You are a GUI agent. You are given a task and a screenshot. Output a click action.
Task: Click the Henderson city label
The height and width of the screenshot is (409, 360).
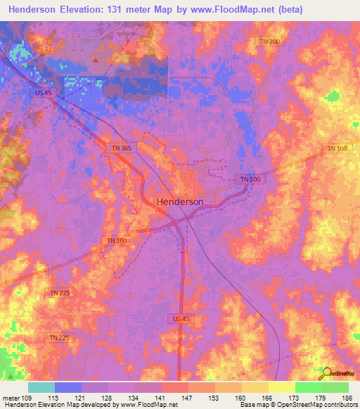(179, 201)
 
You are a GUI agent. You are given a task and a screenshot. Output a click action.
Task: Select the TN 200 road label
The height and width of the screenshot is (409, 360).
(269, 42)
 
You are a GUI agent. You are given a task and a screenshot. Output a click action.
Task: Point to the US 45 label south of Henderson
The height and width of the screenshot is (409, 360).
(181, 318)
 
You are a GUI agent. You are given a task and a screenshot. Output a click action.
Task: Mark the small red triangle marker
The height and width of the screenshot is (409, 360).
(95, 60)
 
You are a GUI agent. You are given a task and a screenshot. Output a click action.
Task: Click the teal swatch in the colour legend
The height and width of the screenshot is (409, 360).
(41, 387)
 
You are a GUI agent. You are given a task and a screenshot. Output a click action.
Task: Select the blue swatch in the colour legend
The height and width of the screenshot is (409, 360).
(68, 387)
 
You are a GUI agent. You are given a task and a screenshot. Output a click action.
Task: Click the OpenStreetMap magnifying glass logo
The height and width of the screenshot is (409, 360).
(326, 372)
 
